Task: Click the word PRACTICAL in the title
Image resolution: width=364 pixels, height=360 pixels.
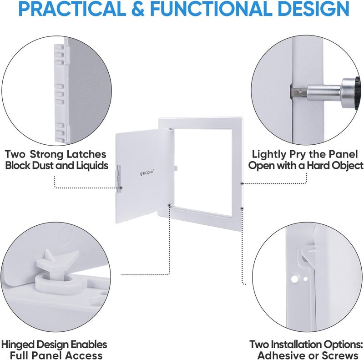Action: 72,9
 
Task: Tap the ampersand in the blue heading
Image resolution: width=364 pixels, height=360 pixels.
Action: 138,9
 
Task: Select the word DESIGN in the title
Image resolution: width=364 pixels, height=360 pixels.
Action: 313,9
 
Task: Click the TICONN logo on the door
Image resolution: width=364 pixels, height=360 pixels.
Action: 147,173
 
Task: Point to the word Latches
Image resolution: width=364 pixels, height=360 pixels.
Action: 86,154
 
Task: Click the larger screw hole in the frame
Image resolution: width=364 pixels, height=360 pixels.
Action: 294,279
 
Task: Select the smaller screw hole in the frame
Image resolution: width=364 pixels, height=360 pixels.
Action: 305,279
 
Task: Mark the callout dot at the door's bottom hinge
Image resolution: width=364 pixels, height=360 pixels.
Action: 169,205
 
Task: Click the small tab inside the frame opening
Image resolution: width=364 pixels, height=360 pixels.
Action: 176,168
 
